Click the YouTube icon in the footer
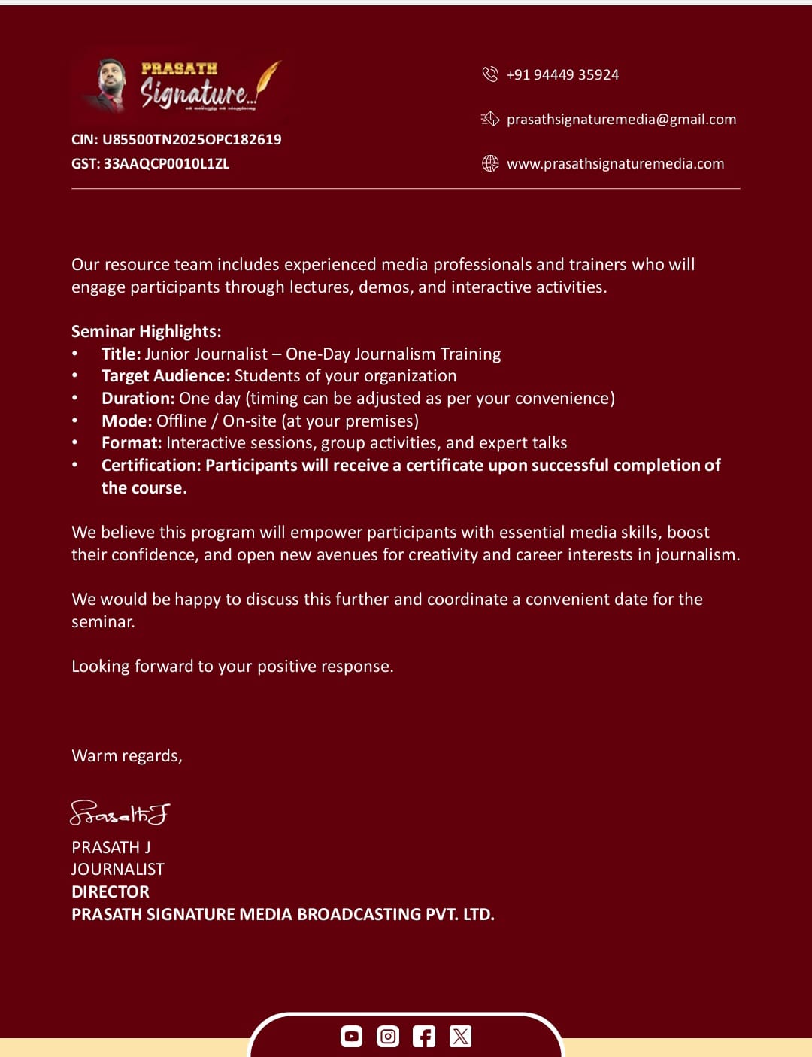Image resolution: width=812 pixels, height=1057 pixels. coord(351,1037)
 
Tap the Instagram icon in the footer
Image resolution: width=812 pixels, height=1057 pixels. coord(388,1037)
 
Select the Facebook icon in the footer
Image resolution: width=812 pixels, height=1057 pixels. coord(424,1037)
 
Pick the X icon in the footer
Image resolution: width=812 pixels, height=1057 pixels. coord(460,1037)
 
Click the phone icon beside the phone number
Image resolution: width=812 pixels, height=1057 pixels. coord(490,74)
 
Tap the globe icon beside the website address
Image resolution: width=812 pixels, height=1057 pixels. coord(490,163)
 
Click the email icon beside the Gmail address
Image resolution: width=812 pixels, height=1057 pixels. coord(490,119)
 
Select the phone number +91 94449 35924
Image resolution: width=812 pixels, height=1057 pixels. coord(562,74)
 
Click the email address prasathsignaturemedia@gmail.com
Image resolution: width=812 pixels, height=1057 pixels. coord(621,119)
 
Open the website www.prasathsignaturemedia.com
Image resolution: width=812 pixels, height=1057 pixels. coord(615,163)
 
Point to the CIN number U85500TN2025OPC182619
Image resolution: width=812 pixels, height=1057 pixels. coord(192,139)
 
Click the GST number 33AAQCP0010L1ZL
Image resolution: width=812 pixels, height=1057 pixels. coord(166,163)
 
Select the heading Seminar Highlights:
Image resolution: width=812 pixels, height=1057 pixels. coord(146,331)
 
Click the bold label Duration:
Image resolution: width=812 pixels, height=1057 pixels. coord(138,398)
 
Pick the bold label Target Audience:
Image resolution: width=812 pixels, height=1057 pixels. coord(165,375)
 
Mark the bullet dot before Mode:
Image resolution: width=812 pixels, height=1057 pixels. coord(75,421)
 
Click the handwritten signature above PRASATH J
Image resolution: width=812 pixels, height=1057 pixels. coord(120,812)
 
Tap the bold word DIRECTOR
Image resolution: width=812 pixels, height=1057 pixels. coord(111,891)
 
